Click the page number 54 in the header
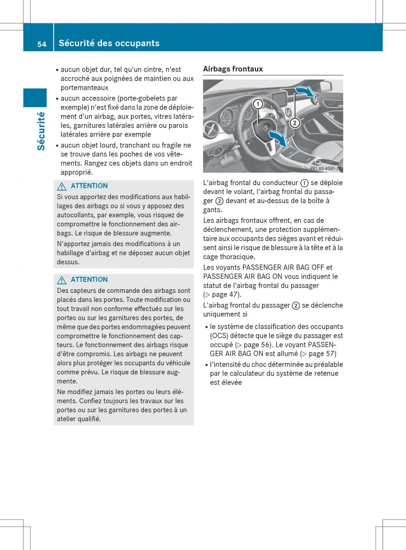click(42, 44)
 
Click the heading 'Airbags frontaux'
click(233, 69)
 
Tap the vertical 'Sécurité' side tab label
click(40, 131)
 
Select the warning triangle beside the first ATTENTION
click(62, 186)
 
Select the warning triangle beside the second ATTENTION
click(62, 280)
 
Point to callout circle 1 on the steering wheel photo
click(258, 104)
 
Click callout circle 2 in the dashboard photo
click(294, 123)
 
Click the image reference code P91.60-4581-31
click(325, 169)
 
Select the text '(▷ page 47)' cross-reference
click(222, 295)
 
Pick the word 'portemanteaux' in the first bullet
click(84, 88)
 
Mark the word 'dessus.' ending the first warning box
click(68, 262)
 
